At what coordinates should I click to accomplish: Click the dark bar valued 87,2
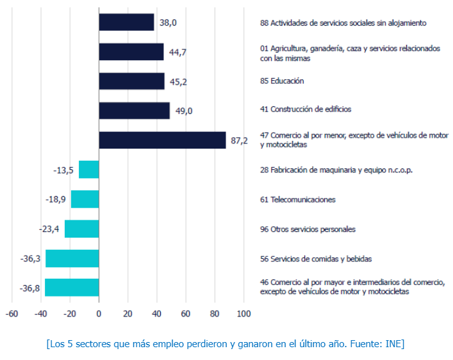click(x=162, y=140)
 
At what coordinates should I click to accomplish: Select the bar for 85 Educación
click(x=131, y=81)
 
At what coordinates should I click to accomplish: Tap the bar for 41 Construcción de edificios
click(x=134, y=110)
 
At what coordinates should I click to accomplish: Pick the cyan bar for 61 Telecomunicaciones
click(x=85, y=199)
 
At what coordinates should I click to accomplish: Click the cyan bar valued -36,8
click(x=72, y=288)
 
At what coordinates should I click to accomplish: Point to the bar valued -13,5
click(x=88, y=170)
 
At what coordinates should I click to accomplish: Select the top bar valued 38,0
click(x=126, y=22)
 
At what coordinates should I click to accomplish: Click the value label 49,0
click(x=184, y=111)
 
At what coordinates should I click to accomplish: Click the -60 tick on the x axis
click(x=12, y=315)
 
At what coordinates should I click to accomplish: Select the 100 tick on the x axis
click(x=243, y=315)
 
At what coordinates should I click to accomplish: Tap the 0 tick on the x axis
click(x=99, y=315)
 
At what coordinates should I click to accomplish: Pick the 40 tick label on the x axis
click(x=156, y=315)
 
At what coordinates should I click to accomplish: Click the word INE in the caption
click(x=393, y=344)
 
